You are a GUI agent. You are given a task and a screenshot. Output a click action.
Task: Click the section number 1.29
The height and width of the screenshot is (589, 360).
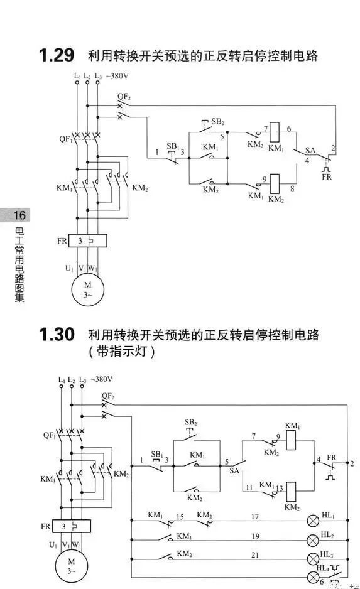tap(57, 55)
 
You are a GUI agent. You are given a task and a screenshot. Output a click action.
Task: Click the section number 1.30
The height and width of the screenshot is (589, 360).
tap(57, 334)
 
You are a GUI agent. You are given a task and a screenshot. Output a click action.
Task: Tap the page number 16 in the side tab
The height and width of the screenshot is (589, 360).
tap(19, 215)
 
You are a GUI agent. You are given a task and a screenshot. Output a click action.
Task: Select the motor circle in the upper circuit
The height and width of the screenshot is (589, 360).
tap(87, 289)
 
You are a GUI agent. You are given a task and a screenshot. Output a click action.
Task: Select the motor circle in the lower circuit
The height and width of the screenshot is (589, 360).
tap(72, 566)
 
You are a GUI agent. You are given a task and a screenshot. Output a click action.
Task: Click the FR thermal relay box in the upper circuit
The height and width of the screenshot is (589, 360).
tap(87, 240)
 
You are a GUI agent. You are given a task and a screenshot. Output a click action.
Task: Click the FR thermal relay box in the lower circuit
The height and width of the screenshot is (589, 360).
tap(72, 526)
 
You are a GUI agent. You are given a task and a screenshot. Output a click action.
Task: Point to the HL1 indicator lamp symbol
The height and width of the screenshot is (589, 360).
tap(313, 521)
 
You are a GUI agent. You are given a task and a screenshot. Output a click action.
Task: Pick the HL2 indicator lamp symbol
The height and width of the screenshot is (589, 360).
tap(313, 540)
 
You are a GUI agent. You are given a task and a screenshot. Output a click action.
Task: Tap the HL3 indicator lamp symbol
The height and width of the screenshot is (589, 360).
tap(313, 559)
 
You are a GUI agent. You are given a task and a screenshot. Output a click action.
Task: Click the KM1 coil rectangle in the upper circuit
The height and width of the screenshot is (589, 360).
tap(275, 132)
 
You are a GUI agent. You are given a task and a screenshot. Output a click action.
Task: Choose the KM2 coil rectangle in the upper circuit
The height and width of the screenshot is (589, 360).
tap(275, 184)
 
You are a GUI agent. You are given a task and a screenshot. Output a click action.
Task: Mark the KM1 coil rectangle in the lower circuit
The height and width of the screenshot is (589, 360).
tap(292, 440)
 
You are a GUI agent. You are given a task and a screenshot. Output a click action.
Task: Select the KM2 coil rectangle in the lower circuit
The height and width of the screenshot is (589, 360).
tap(292, 491)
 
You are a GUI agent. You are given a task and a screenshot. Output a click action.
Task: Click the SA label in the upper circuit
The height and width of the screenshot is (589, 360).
tap(310, 150)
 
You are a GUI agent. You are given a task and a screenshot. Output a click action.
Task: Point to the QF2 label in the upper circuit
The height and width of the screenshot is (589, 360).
tap(124, 97)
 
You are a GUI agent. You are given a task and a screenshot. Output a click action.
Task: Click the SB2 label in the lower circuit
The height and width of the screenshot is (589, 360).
tap(191, 423)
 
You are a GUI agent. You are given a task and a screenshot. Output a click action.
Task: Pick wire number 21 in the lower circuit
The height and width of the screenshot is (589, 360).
tap(255, 555)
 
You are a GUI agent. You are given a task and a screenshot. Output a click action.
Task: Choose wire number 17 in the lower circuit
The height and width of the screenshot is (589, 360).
tap(255, 517)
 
